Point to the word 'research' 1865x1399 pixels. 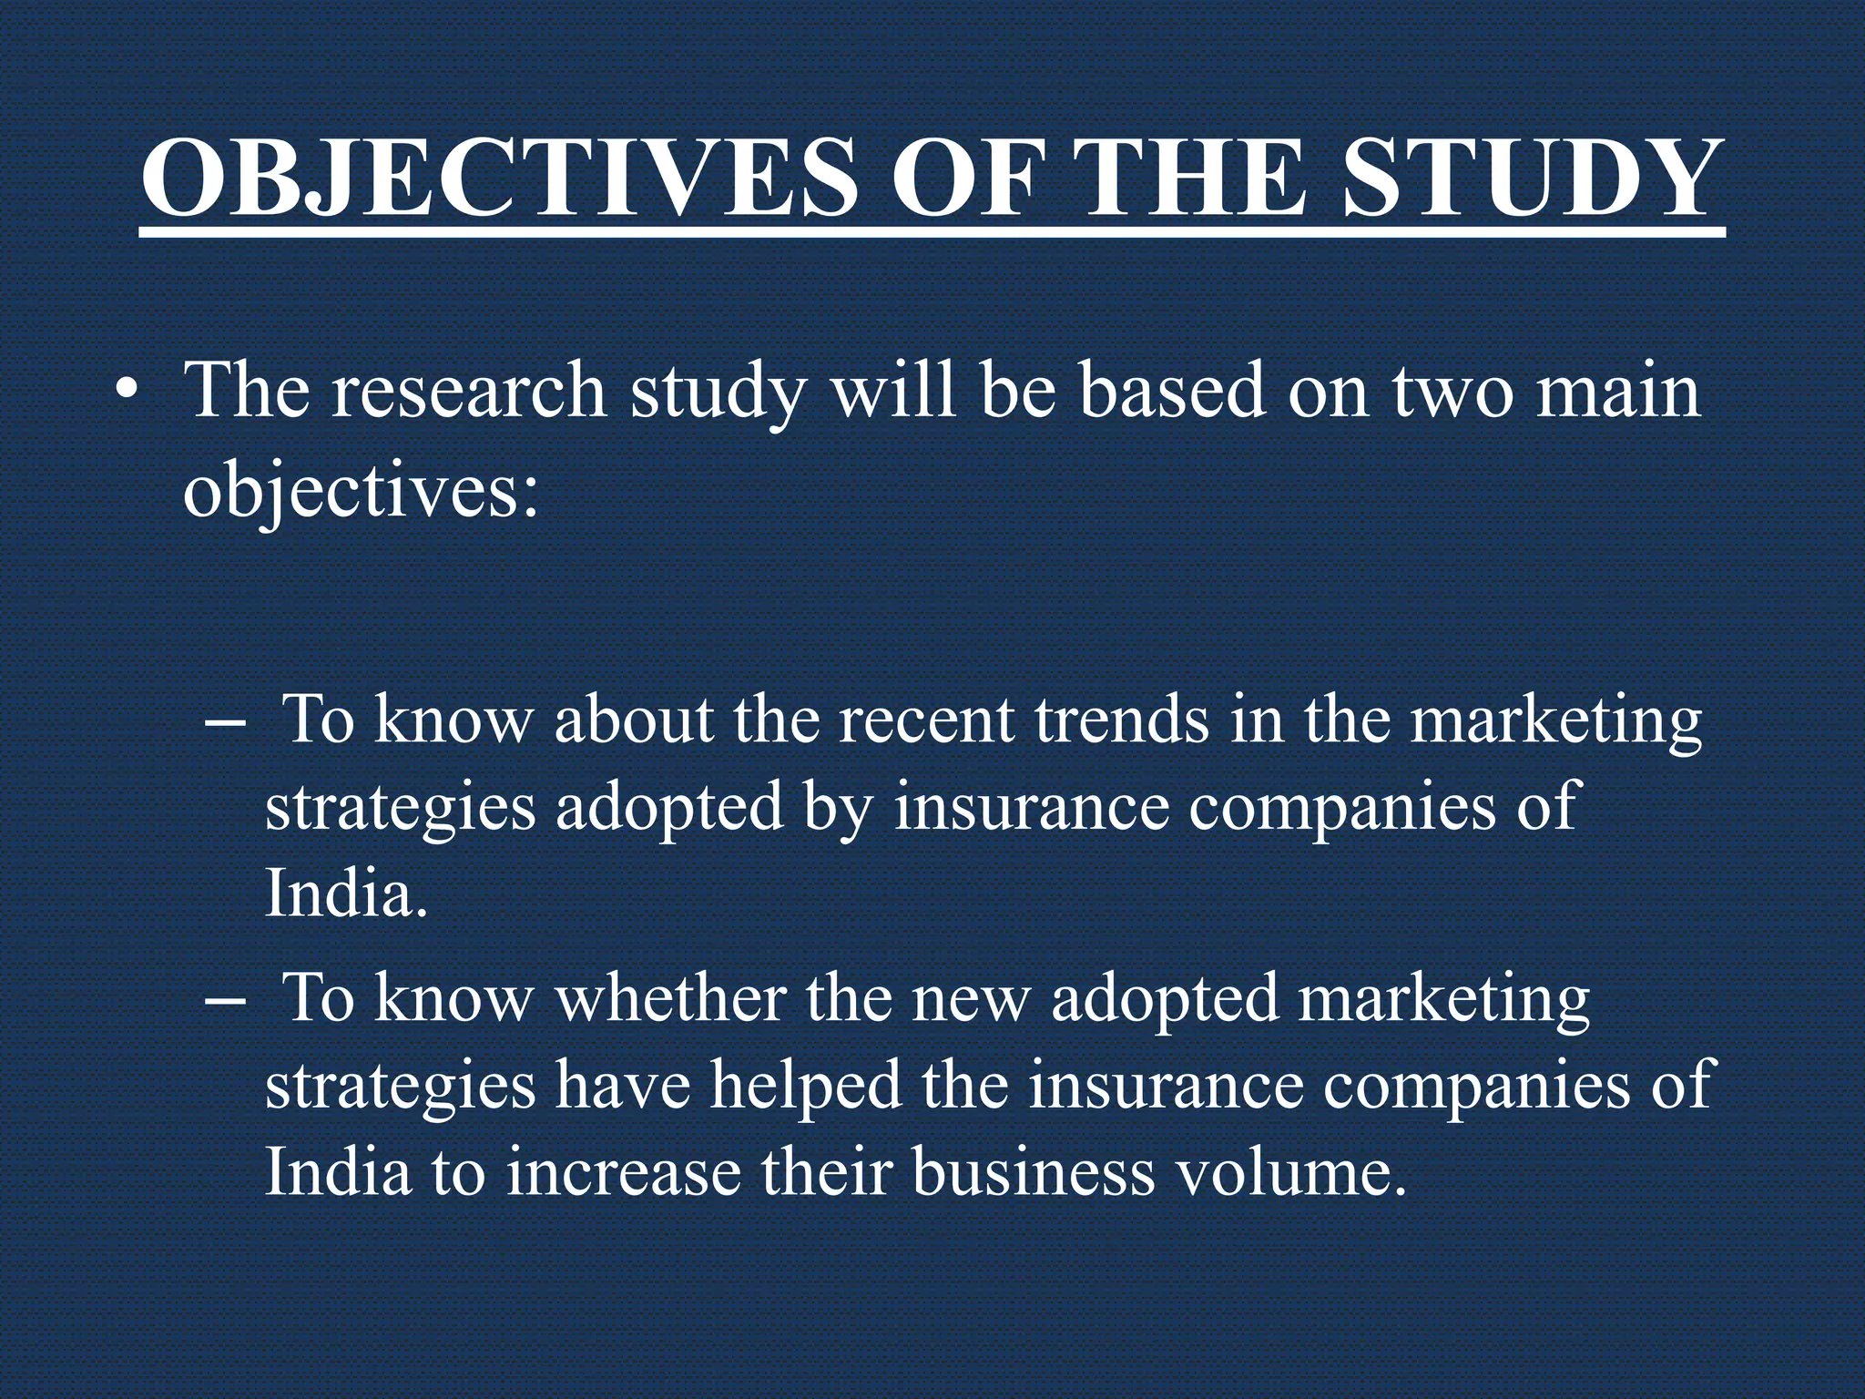click(469, 392)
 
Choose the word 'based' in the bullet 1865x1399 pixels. click(1172, 392)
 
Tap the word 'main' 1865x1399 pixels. click(1618, 392)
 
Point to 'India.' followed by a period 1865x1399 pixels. click(346, 894)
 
